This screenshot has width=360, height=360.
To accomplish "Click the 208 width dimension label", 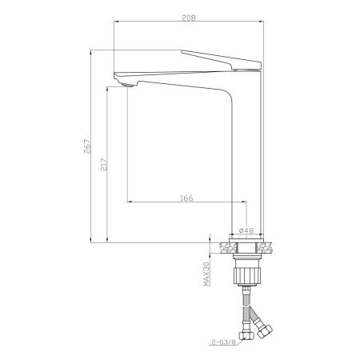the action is [189, 18].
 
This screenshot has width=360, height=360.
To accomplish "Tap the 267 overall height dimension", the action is [87, 146].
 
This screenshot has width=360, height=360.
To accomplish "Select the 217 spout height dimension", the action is [104, 165].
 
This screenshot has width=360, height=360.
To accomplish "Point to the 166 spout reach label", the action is [186, 198].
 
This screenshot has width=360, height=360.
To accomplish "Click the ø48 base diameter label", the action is [246, 230].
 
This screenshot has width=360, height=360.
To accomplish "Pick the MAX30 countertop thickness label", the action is [206, 274].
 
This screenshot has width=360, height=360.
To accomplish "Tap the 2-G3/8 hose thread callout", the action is [224, 342].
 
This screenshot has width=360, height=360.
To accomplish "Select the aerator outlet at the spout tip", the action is [127, 85].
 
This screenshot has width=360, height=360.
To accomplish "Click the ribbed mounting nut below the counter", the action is [246, 276].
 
